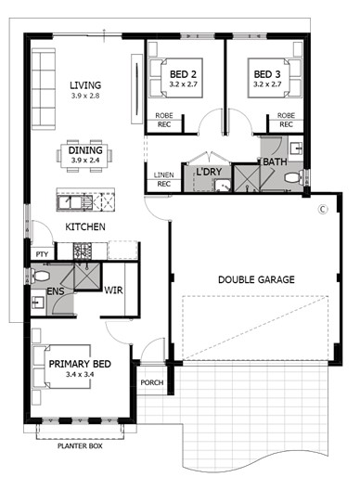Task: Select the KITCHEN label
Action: pyautogui.click(x=84, y=226)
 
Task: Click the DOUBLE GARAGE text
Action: pyautogui.click(x=256, y=279)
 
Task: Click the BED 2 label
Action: pyautogui.click(x=180, y=73)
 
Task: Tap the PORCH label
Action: pyautogui.click(x=151, y=382)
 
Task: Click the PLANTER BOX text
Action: pyautogui.click(x=79, y=446)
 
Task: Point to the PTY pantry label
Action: pyautogui.click(x=42, y=253)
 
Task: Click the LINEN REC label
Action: pyautogui.click(x=163, y=179)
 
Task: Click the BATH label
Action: pyautogui.click(x=274, y=161)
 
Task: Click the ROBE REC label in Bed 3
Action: pyautogui.click(x=286, y=120)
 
